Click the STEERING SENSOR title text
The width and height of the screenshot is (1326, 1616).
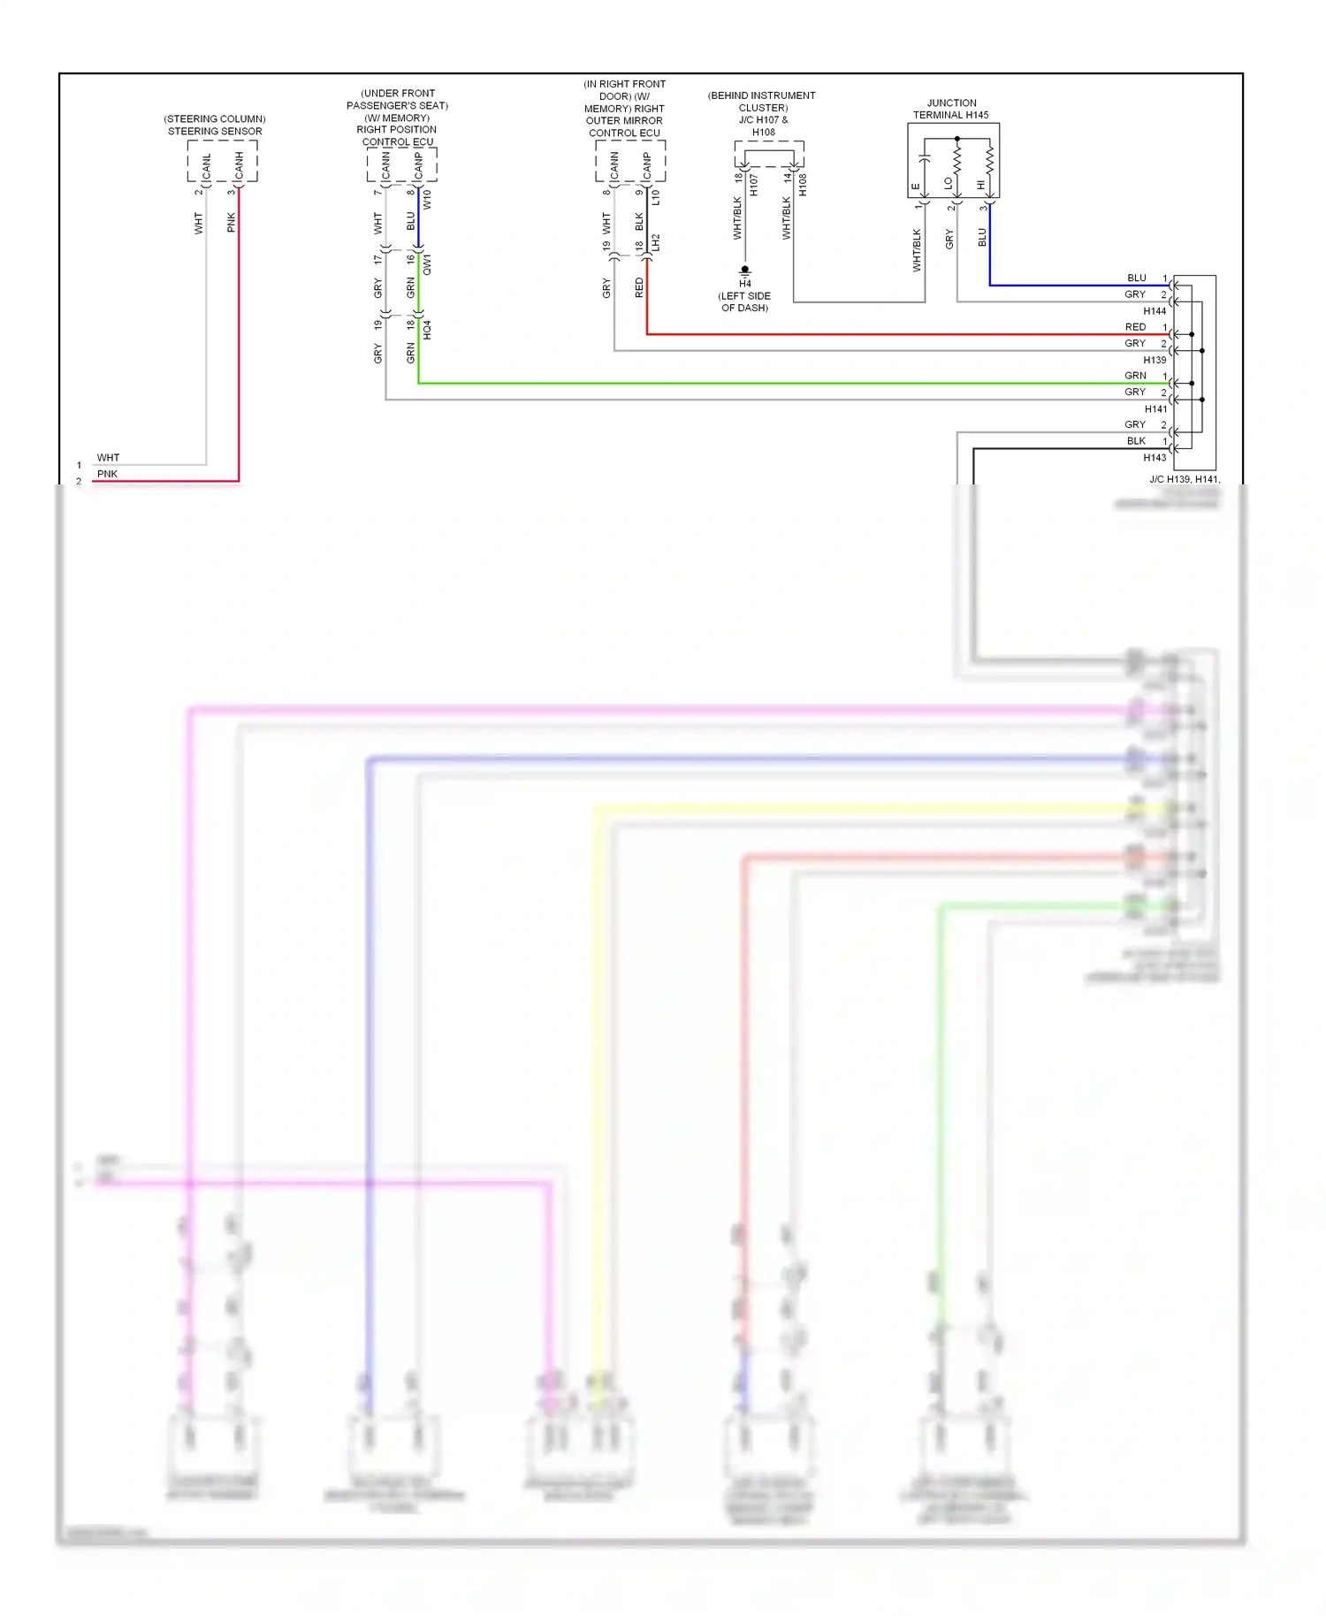point(215,131)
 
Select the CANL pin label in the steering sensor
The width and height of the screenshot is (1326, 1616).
point(207,166)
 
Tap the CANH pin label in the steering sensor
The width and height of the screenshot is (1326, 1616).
point(239,166)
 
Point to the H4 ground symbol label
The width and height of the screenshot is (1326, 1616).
point(745,284)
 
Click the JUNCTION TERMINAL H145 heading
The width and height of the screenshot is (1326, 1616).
point(951,109)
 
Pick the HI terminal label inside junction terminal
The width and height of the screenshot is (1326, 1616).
point(981,185)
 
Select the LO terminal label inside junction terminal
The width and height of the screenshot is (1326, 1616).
point(949,184)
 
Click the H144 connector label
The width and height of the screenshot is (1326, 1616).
point(1155,311)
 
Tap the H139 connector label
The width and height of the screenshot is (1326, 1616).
point(1155,360)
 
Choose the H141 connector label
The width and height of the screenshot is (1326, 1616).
point(1155,409)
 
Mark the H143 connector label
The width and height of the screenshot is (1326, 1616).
point(1155,458)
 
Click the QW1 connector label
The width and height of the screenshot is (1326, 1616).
point(427,264)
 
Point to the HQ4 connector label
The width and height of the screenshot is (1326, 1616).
point(427,330)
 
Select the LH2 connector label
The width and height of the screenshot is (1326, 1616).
point(656,243)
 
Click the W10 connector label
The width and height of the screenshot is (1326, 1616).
point(427,199)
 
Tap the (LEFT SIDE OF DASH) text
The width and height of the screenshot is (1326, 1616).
point(744,301)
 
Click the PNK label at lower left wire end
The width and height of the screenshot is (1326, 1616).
point(107,474)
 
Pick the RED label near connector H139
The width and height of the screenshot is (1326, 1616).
point(1135,327)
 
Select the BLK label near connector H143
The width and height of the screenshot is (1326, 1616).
point(1136,441)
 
